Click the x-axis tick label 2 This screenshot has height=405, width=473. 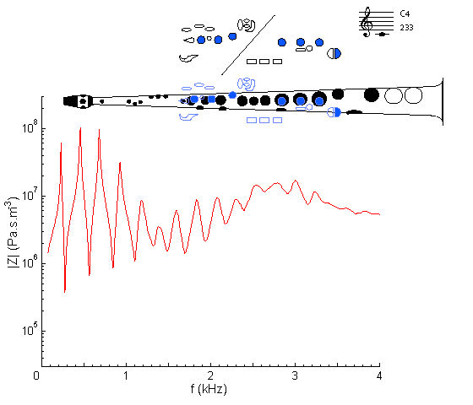click(x=210, y=375)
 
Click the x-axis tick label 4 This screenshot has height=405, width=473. click(x=379, y=375)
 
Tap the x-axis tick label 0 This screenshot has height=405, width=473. click(x=36, y=375)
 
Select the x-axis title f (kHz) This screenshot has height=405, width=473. click(x=209, y=389)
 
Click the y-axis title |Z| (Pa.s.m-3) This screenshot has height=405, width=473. click(x=13, y=232)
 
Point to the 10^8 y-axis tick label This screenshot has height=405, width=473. click(x=30, y=127)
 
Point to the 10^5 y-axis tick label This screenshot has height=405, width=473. click(x=30, y=329)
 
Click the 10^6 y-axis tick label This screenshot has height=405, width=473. click(x=30, y=262)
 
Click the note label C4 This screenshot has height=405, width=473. click(x=405, y=13)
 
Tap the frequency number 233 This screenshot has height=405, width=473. click(x=406, y=28)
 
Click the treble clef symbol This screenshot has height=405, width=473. click(x=367, y=22)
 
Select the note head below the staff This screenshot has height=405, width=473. click(x=382, y=34)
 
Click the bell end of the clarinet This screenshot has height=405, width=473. click(x=443, y=101)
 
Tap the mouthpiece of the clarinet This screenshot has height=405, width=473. click(x=72, y=101)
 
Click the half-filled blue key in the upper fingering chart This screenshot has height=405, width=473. click(x=334, y=54)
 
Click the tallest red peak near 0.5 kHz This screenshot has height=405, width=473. click(x=80, y=128)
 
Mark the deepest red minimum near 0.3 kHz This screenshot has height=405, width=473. click(x=64, y=291)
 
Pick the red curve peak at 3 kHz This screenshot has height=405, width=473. click(x=296, y=181)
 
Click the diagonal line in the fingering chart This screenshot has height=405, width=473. click(x=248, y=45)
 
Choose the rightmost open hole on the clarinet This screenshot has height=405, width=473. click(x=413, y=95)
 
